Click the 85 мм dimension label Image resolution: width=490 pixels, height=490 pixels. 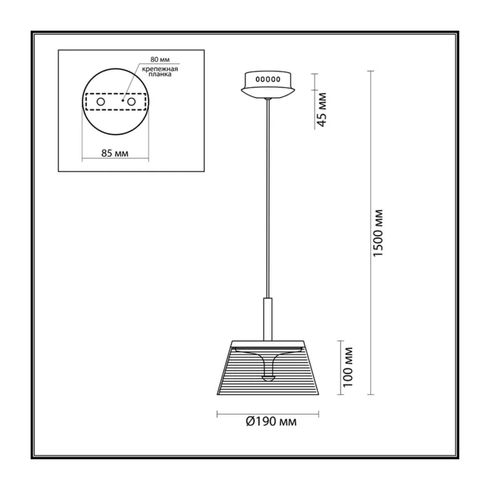115,153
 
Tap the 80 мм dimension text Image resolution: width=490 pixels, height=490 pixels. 160,59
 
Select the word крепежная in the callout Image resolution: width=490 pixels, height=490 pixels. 160,69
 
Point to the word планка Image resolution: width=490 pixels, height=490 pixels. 160,74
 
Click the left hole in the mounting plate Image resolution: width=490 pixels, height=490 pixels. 100,102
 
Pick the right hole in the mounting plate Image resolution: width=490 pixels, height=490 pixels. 131,102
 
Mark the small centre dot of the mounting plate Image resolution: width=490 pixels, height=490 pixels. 123,100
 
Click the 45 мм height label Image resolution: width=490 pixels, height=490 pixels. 322,110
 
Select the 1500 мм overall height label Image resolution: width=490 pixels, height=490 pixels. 378,233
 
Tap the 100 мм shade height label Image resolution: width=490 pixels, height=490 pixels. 348,367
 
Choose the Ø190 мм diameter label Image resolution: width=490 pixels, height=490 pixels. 271,422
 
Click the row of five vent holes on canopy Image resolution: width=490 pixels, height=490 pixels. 268,80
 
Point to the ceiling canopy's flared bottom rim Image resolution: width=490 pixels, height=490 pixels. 268,93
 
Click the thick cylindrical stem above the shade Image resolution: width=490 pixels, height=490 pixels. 268,319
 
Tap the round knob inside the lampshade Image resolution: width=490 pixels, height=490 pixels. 268,378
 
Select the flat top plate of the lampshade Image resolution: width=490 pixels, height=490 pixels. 268,342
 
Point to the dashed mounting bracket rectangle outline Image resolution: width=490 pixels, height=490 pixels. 116,94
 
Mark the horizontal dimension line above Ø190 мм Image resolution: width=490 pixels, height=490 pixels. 268,415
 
